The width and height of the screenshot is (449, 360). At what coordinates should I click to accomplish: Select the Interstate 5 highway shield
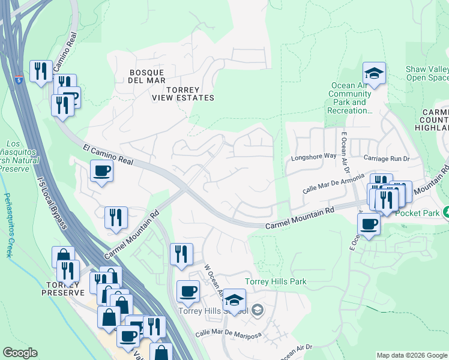pyautogui.click(x=20, y=80)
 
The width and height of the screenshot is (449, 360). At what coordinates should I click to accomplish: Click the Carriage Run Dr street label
pyautogui.click(x=387, y=158)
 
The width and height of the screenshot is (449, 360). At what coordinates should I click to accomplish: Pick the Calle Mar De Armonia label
pyautogui.click(x=334, y=182)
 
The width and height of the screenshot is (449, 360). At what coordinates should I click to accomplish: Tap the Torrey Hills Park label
pyautogui.click(x=276, y=281)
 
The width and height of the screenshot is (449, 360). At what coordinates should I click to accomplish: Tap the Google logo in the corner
pyautogui.click(x=20, y=353)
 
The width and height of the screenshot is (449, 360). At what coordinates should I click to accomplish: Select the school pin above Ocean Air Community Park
pyautogui.click(x=374, y=74)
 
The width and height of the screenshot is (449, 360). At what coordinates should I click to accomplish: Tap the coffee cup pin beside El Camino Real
pyautogui.click(x=101, y=171)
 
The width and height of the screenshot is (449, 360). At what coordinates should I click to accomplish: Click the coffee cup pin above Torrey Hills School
pyautogui.click(x=188, y=292)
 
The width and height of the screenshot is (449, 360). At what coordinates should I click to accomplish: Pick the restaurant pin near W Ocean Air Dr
pyautogui.click(x=181, y=254)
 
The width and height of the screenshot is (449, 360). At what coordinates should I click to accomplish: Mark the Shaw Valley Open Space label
pyautogui.click(x=427, y=74)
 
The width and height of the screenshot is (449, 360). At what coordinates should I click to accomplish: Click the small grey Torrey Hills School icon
pyautogui.click(x=257, y=310)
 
